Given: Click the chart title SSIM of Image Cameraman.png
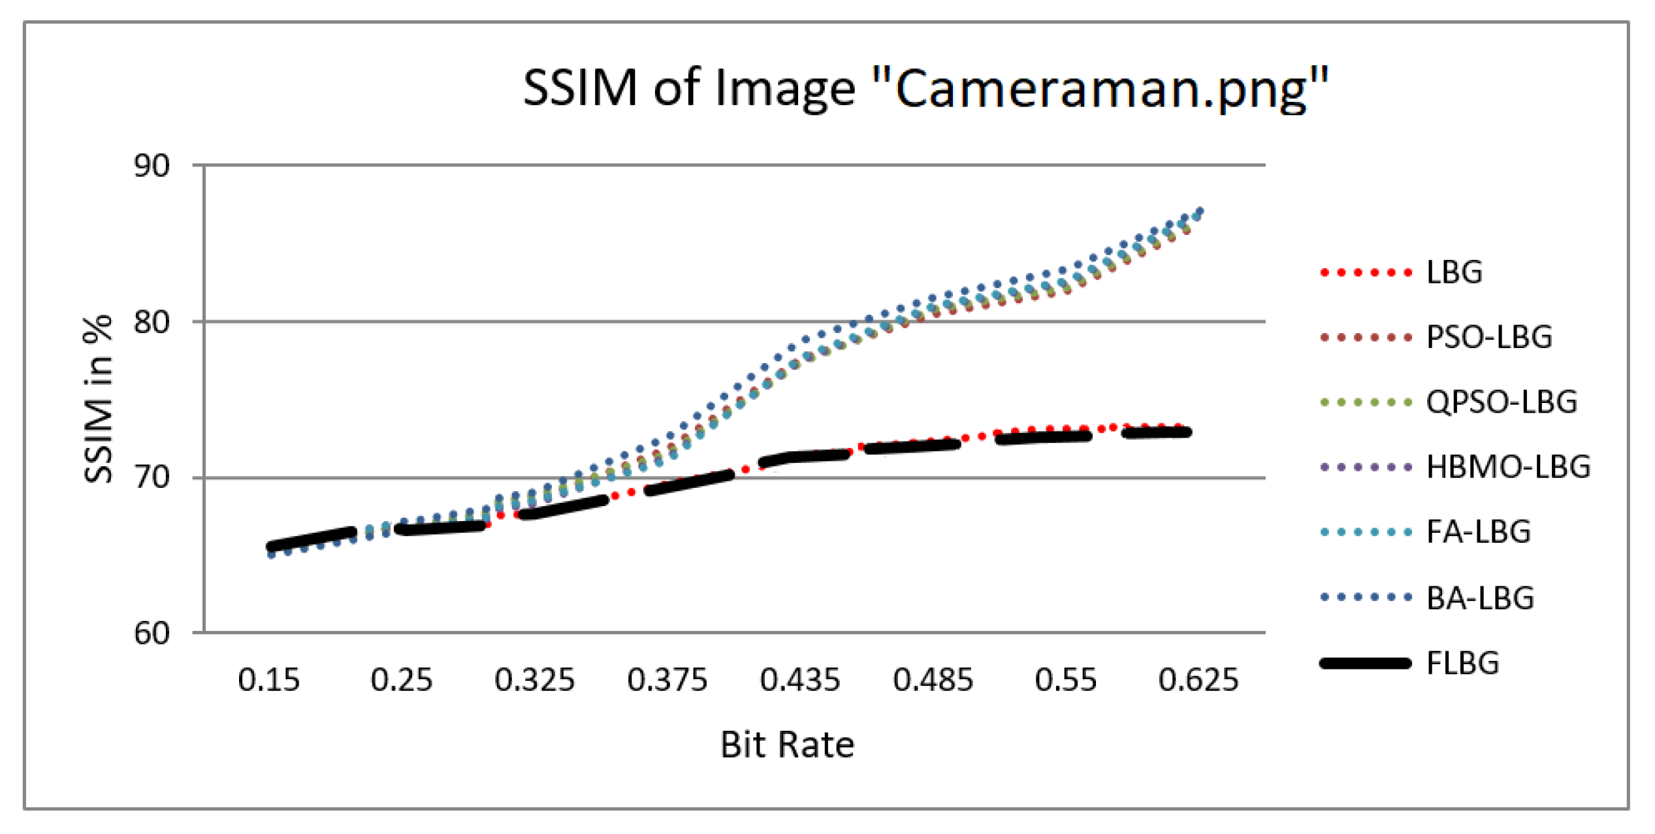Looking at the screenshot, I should coord(926,88).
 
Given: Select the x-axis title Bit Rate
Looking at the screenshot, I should coord(787,745).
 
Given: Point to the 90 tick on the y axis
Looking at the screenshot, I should coord(152,166).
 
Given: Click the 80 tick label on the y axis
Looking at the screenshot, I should coord(152,321).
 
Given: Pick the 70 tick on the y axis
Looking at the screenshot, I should coord(152,477).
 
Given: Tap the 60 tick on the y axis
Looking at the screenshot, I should coord(152,633).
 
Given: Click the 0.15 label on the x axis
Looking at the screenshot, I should coord(268,680).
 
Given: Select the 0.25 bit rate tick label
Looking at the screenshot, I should coord(401,680).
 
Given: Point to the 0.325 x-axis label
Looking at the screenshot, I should coord(534,680).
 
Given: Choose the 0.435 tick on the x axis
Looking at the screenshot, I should coord(800,680).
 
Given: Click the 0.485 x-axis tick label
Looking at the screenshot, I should coord(933,680).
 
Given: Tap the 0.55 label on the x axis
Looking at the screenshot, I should coord(1066,680).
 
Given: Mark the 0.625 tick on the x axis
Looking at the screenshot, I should coord(1198,680).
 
